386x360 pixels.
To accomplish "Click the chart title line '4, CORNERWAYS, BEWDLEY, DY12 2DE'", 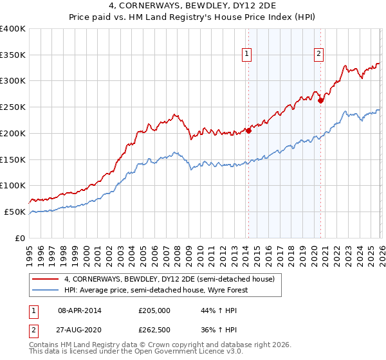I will point(193,7).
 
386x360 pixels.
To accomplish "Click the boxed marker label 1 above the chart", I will point(248,54).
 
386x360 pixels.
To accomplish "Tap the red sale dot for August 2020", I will point(320,100).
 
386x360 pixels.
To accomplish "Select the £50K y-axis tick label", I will point(15,212).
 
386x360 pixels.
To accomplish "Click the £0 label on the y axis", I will point(21,238).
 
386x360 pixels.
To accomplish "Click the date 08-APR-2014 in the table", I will point(80,310).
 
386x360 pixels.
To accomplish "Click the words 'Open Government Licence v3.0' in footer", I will point(174,352).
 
